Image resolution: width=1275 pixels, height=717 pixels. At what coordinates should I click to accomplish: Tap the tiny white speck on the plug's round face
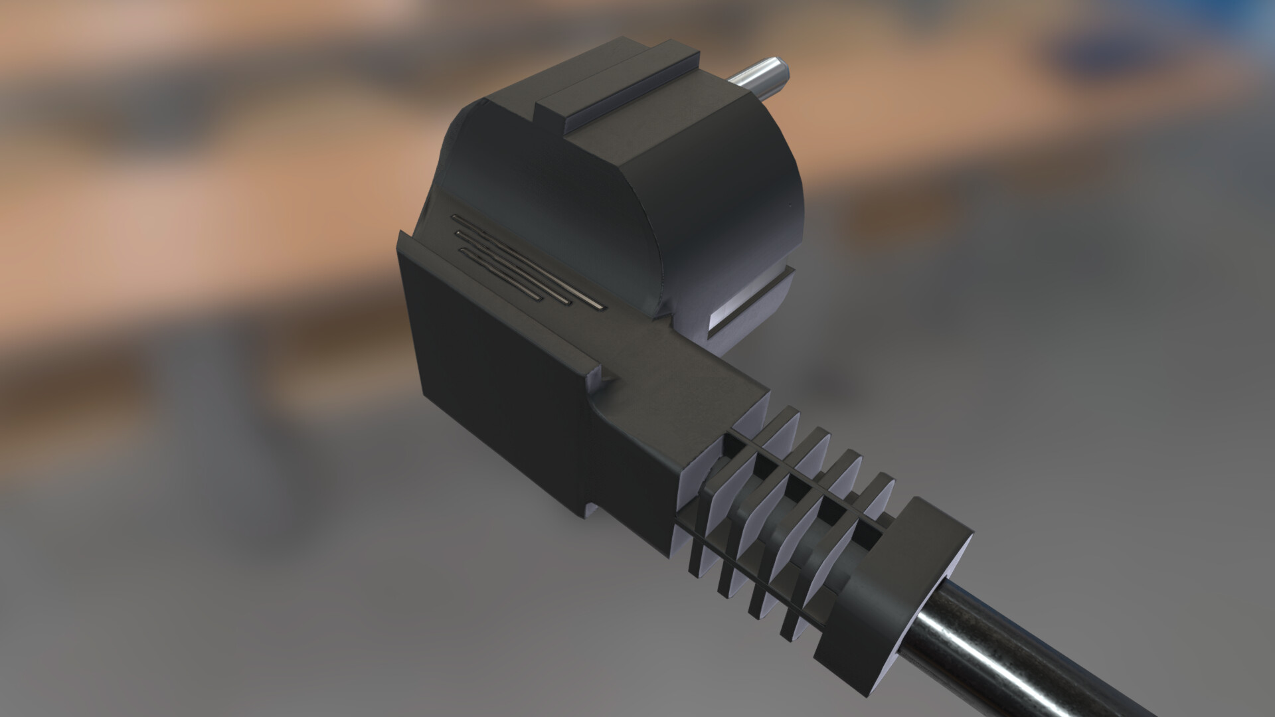(x=790, y=203)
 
